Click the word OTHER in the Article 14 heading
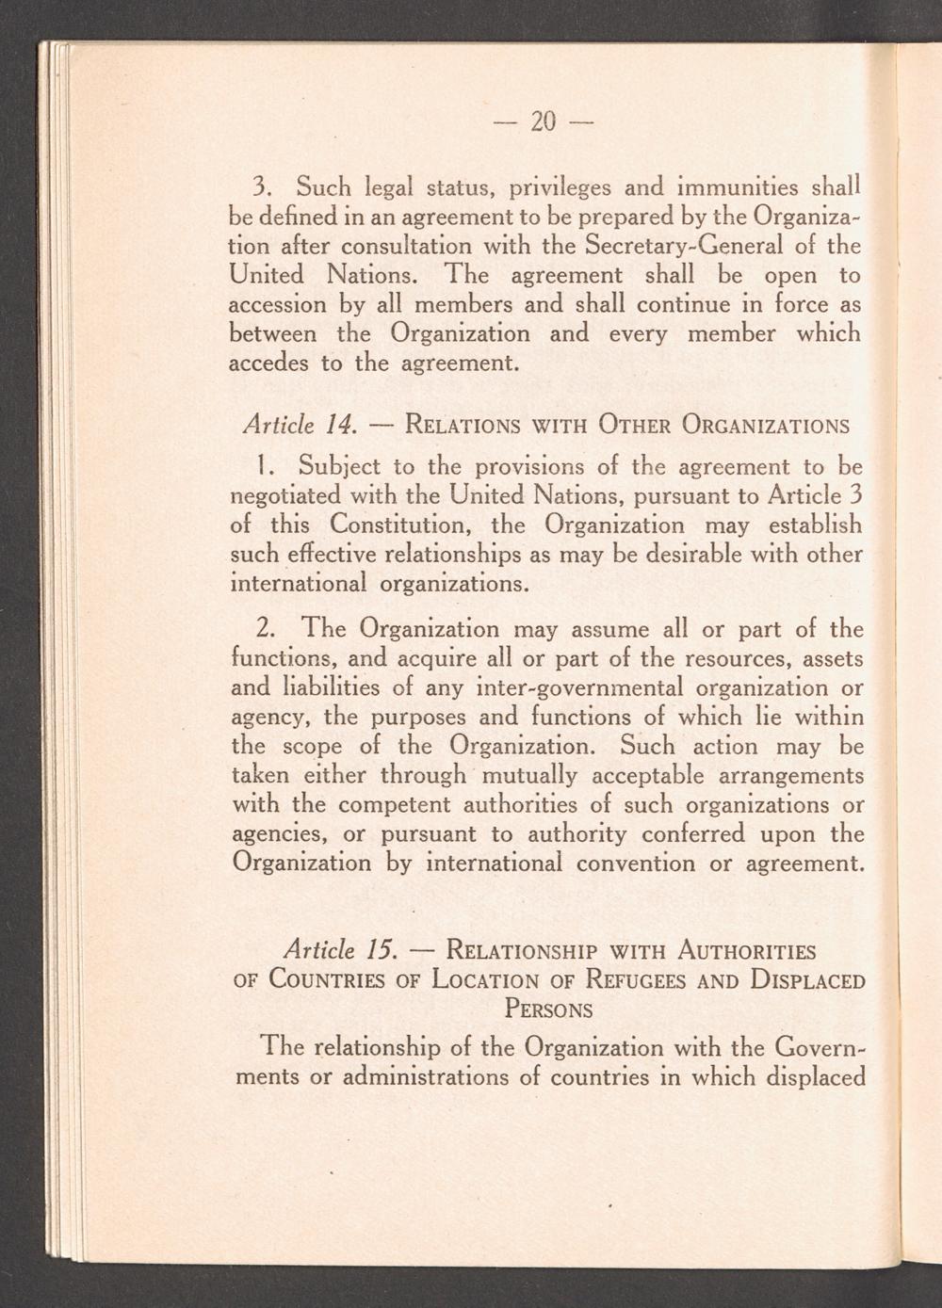click(x=625, y=424)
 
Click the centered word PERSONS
click(x=549, y=1009)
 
